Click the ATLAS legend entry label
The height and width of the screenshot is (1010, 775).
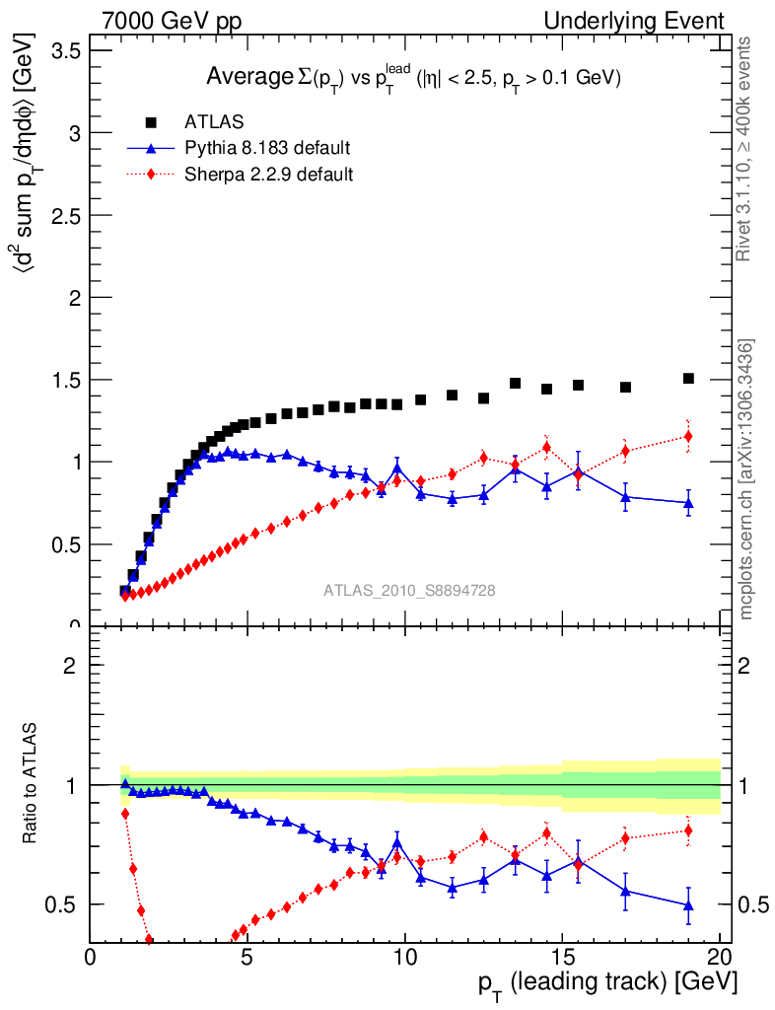214,122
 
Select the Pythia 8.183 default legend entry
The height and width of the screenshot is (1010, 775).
267,148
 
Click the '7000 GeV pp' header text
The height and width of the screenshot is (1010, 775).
172,21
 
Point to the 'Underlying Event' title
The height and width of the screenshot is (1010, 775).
648,21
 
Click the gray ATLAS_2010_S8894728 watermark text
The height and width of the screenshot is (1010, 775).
409,591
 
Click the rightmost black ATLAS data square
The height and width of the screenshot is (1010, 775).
688,378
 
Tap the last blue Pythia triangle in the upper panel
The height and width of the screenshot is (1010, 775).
688,502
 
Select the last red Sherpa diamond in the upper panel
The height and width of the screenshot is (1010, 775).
688,436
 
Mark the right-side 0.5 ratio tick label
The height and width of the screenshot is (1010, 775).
751,904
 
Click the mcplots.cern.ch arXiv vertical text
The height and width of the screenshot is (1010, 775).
747,479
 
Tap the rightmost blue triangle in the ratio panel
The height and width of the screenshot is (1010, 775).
688,904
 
